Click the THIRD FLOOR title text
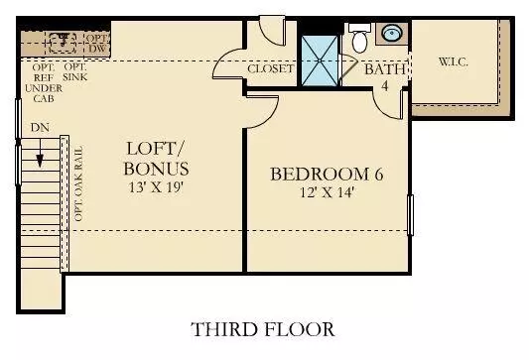[263, 329]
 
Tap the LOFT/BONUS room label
[156, 159]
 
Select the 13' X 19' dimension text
[156, 187]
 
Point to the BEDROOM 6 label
[327, 174]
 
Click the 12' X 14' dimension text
[327, 192]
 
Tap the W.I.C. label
[454, 61]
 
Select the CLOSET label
[271, 68]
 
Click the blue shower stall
[320, 60]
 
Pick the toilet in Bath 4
[359, 38]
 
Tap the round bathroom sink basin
[392, 33]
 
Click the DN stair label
[40, 127]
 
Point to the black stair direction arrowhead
[40, 161]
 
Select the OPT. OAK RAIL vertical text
[78, 183]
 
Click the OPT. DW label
[98, 44]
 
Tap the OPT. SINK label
[74, 72]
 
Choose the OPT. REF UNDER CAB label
[44, 83]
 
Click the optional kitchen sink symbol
[63, 44]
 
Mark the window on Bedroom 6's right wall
[411, 215]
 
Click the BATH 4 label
[385, 76]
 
